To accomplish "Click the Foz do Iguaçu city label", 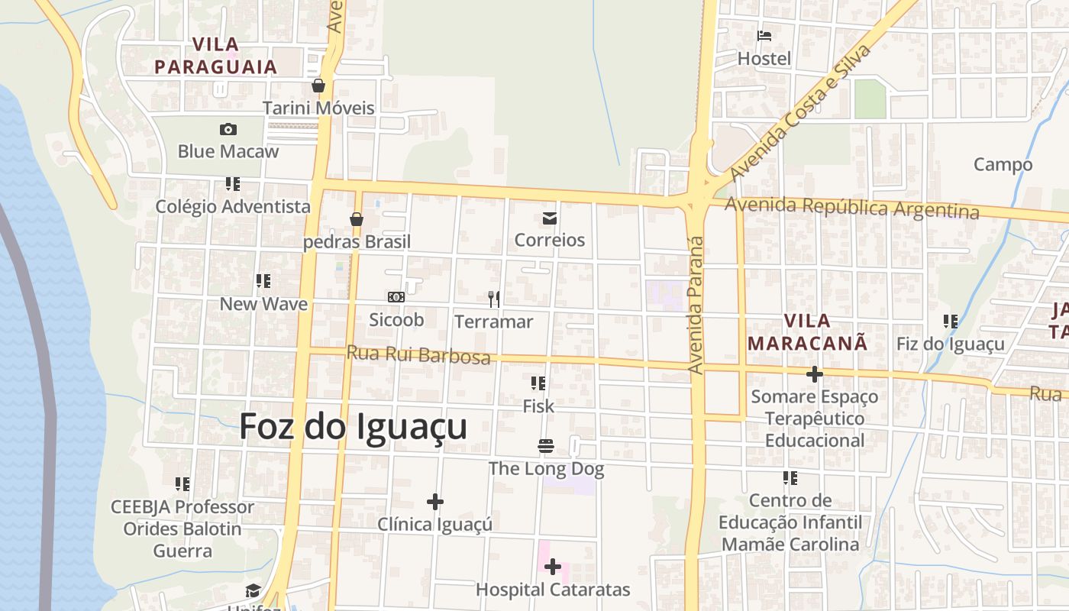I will pyautogui.click(x=353, y=427).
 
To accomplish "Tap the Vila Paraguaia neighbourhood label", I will pyautogui.click(x=215, y=56).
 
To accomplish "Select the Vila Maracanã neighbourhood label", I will pyautogui.click(x=808, y=331).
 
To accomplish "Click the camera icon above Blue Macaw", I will pyautogui.click(x=228, y=130).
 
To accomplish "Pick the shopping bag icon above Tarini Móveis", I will pyautogui.click(x=318, y=86).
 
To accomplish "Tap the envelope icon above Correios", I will pyautogui.click(x=549, y=219).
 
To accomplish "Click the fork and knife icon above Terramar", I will pyautogui.click(x=494, y=299).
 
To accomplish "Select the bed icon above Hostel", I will pyautogui.click(x=764, y=36).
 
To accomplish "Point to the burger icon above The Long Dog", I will pyautogui.click(x=545, y=445).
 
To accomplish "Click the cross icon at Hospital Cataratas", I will pyautogui.click(x=553, y=567).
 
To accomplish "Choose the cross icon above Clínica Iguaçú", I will pyautogui.click(x=434, y=502).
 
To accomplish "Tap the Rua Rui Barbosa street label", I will pyautogui.click(x=418, y=355).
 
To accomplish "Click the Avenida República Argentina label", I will pyautogui.click(x=851, y=207).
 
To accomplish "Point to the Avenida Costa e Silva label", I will pyautogui.click(x=801, y=113).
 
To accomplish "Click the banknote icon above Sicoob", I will pyautogui.click(x=396, y=296).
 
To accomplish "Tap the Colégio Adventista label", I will pyautogui.click(x=233, y=206).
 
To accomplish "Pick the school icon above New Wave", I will pyautogui.click(x=263, y=281).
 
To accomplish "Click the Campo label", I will pyautogui.click(x=1003, y=164).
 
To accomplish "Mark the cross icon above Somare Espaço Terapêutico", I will pyautogui.click(x=815, y=374).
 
